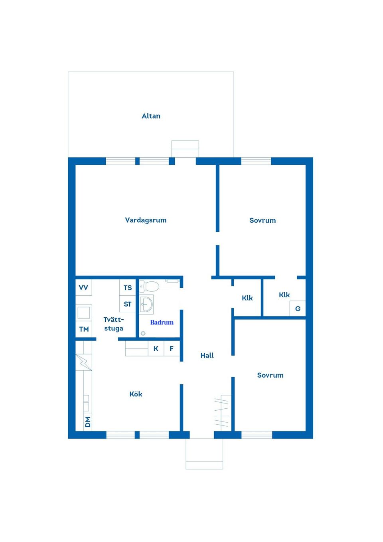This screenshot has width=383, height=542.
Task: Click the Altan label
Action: [151, 116]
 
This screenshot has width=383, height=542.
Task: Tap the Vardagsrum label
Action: [146, 220]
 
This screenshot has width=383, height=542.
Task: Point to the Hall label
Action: [207, 356]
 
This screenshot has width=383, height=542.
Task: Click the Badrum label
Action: [162, 322]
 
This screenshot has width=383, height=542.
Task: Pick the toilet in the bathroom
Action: [149, 286]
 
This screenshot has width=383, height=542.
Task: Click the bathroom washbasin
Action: [146, 304]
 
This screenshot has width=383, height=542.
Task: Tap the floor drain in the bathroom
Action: [143, 333]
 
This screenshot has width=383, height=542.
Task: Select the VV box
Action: [84, 287]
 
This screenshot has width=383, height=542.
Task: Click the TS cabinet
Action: [127, 287]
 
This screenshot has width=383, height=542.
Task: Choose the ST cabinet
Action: [127, 304]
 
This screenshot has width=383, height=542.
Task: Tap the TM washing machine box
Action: [84, 329]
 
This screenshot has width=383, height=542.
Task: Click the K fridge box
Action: [156, 348]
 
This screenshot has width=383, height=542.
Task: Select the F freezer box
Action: [172, 348]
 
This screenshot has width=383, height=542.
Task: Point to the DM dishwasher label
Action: [88, 422]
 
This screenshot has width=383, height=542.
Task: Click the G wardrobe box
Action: [298, 309]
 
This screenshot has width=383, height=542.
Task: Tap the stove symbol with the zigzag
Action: [84, 362]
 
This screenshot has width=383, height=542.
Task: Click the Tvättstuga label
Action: [114, 324]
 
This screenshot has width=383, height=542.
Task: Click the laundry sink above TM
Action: [84, 313]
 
